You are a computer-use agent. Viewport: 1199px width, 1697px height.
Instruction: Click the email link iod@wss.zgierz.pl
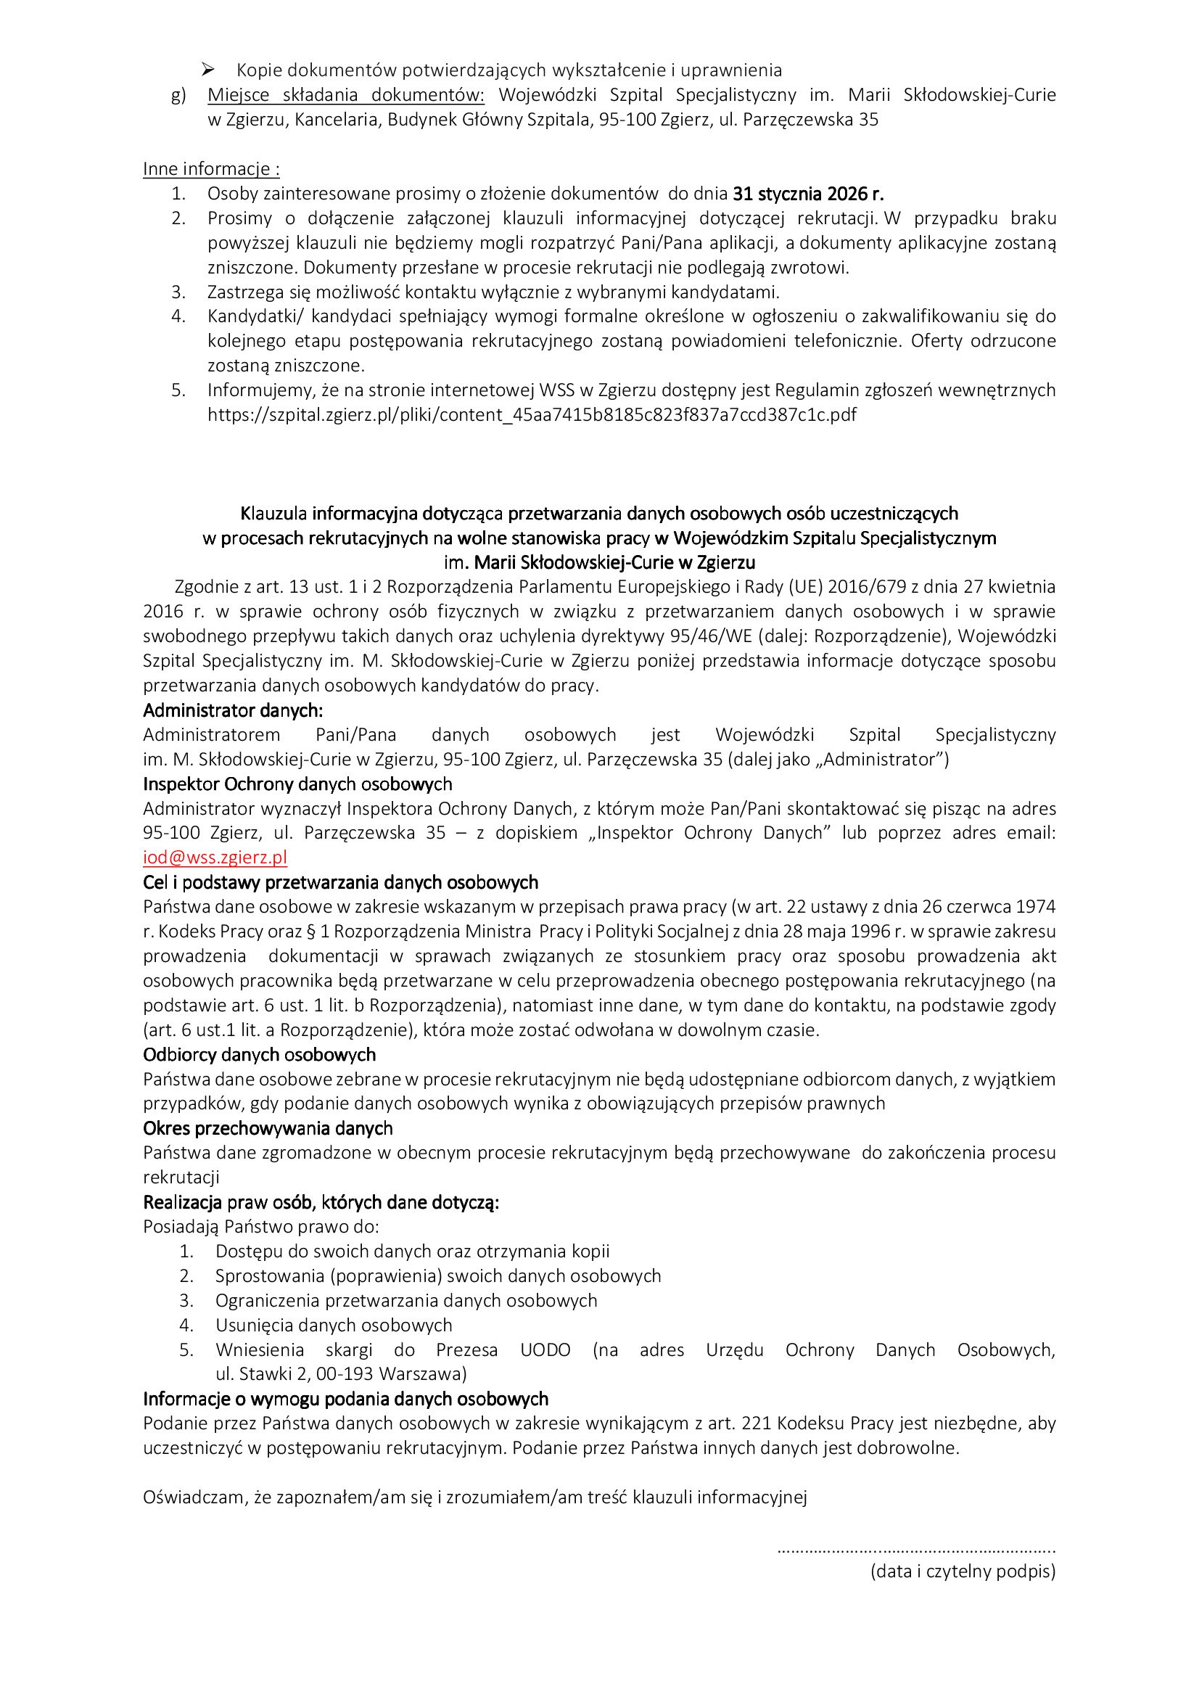[x=215, y=858]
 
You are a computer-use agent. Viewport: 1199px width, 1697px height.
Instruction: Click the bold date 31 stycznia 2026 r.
[x=808, y=194]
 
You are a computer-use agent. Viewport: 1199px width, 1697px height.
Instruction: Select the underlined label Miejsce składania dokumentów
[x=346, y=94]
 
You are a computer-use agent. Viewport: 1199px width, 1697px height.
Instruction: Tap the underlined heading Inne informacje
[x=211, y=168]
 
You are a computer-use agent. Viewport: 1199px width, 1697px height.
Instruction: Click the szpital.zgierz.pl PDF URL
[x=532, y=415]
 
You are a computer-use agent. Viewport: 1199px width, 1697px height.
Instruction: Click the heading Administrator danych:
[x=233, y=710]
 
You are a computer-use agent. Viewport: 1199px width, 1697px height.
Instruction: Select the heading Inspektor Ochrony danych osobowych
[x=297, y=784]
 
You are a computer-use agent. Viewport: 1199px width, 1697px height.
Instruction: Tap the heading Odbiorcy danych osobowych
[x=259, y=1054]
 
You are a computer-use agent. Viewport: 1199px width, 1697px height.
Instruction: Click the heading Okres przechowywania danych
[x=268, y=1128]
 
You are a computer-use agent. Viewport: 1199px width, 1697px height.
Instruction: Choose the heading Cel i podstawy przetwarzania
[x=341, y=882]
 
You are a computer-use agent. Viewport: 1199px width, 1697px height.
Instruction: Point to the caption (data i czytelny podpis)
[x=963, y=1571]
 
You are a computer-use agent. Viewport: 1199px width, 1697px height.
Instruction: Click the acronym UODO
[x=545, y=1349]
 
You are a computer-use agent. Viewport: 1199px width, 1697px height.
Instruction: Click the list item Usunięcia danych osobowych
[x=334, y=1326]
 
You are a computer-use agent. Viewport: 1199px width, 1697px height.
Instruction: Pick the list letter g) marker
[x=178, y=95]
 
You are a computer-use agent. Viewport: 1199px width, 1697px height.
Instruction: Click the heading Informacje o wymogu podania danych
[x=346, y=1398]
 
